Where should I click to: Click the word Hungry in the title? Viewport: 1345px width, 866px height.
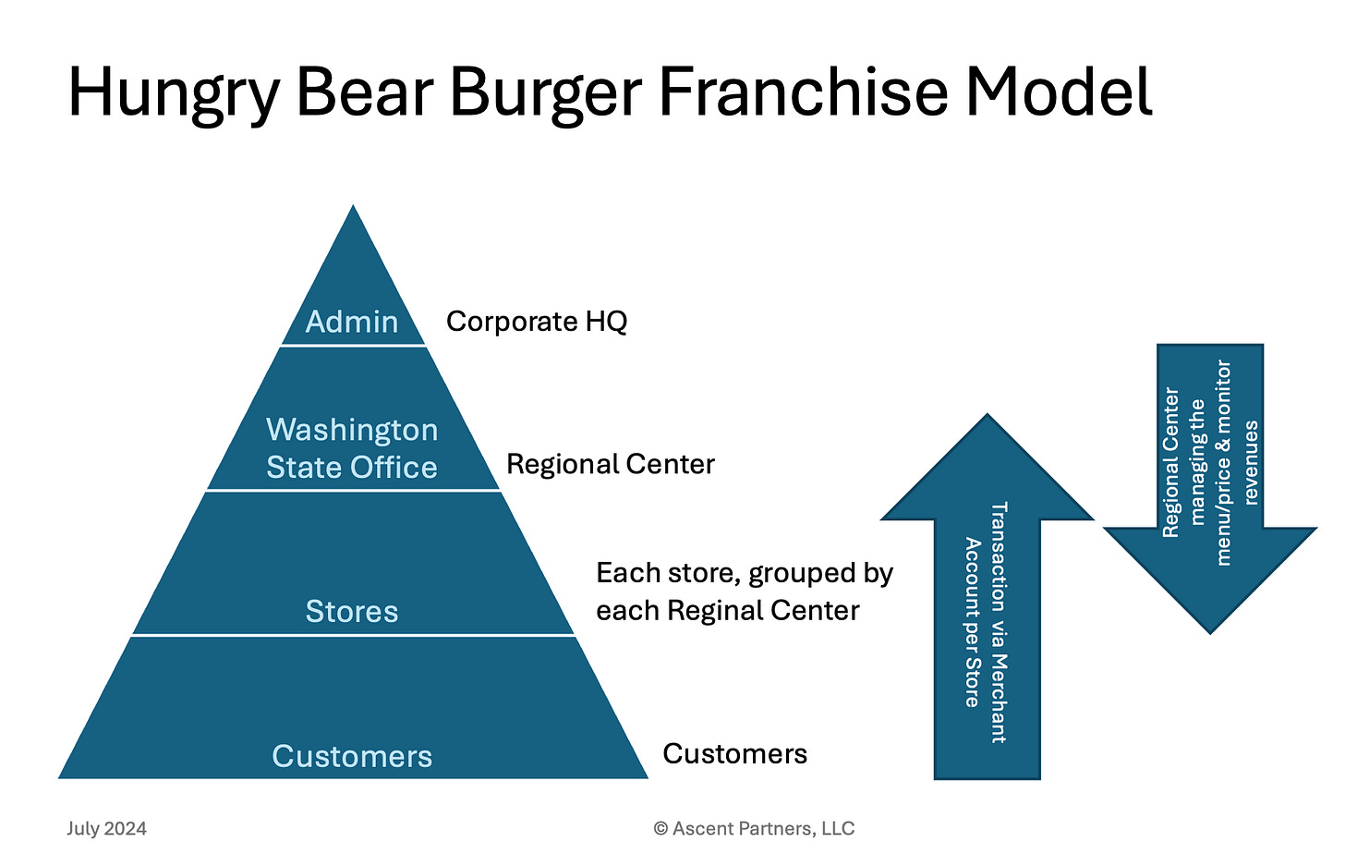[173, 94]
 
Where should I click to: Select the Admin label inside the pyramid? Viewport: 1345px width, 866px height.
[352, 322]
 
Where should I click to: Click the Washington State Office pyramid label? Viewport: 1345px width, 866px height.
[352, 448]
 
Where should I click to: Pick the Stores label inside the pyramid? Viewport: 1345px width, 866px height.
[352, 611]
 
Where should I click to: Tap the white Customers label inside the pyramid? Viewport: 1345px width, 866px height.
[352, 756]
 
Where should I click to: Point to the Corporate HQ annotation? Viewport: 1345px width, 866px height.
[537, 322]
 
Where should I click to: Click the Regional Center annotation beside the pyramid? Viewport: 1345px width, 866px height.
[611, 464]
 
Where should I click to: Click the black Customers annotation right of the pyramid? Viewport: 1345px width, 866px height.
[735, 754]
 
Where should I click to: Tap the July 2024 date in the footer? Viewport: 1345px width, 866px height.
[106, 828]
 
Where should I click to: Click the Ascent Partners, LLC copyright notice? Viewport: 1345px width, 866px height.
[755, 828]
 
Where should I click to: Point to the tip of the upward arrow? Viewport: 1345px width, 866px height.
[988, 417]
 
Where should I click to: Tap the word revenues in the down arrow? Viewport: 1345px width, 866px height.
[1251, 462]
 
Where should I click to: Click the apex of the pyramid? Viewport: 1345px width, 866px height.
[353, 208]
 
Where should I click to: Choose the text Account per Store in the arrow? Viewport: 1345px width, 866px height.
[972, 622]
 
